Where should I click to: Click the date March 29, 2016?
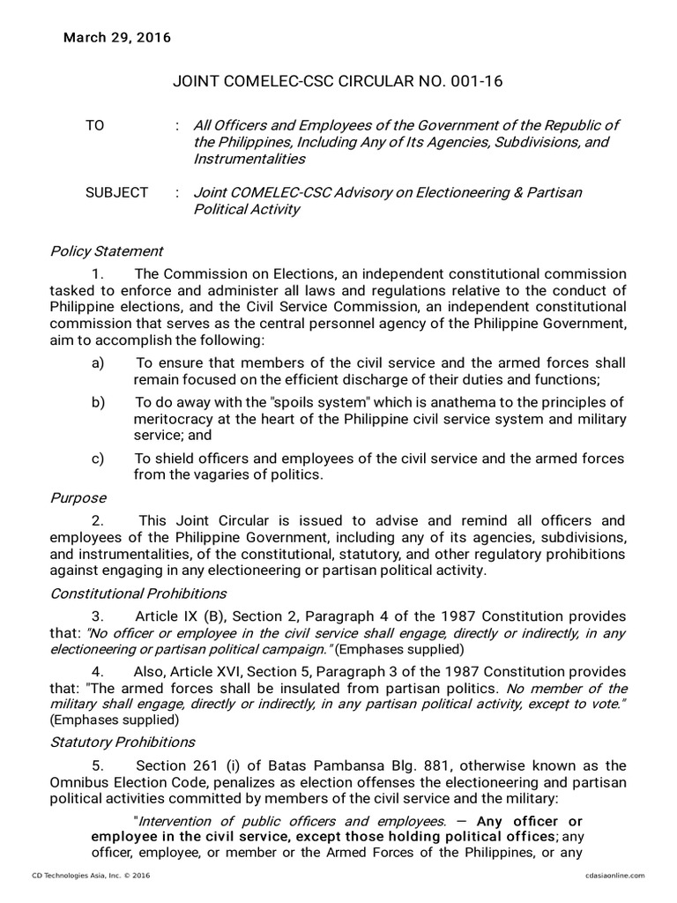pos(117,38)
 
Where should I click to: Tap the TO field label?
pos(94,125)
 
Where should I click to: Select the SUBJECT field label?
pos(116,192)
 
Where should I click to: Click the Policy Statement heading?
pos(106,251)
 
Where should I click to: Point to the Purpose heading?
pos(78,498)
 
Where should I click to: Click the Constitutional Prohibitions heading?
pos(138,593)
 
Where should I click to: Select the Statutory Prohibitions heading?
pos(123,742)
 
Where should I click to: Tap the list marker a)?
pos(98,363)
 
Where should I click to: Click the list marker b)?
pos(98,402)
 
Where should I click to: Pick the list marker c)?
pos(98,459)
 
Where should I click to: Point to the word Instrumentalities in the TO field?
pos(249,159)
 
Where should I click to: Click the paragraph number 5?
pos(97,765)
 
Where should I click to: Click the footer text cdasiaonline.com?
pos(614,875)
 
